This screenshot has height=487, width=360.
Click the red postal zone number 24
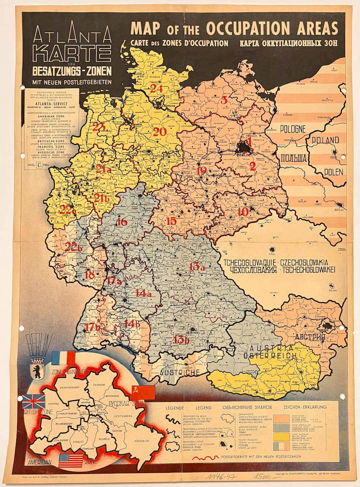156,88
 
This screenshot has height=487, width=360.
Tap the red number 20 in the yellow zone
160,131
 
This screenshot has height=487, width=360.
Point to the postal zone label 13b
181,340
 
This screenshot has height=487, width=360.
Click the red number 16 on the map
121,222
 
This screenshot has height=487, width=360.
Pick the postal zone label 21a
103,170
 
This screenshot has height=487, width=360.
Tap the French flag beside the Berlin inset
63,358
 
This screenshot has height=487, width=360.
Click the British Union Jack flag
34,401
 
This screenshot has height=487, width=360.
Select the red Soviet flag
143,392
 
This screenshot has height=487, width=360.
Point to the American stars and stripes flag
71,460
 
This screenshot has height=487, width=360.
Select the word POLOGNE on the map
292,129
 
